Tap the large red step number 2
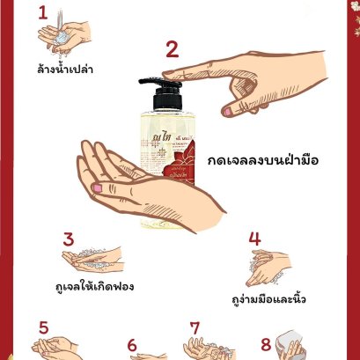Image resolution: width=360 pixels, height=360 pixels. (x=172, y=50)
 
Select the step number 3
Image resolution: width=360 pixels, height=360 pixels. (x=67, y=240)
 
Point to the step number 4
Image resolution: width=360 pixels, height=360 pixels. (x=254, y=239)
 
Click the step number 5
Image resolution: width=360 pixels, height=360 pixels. (x=42, y=327)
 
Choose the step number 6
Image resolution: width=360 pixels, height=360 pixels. (x=133, y=346)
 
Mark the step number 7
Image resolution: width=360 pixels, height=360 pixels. (x=195, y=327)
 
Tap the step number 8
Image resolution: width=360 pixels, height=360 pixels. (x=265, y=344)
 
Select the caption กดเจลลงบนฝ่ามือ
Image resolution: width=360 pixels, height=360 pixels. (x=261, y=161)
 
